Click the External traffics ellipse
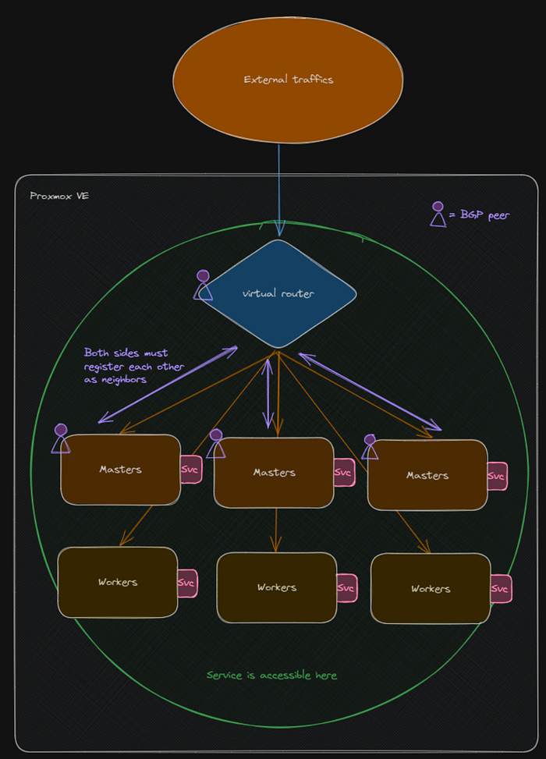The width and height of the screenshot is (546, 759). click(x=288, y=80)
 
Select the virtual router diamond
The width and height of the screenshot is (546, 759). click(x=278, y=293)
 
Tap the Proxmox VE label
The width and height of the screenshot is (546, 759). click(x=59, y=196)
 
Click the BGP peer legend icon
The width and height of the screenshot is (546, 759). click(x=438, y=214)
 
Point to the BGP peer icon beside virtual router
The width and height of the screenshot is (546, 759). click(x=203, y=285)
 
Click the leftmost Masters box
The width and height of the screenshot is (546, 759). click(x=121, y=470)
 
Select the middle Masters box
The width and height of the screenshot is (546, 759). click(x=274, y=473)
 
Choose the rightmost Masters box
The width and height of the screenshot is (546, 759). click(x=427, y=475)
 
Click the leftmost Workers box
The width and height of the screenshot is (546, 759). click(x=118, y=583)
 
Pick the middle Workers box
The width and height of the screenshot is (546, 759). click(x=277, y=587)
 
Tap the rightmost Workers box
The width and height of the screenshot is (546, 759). click(x=431, y=589)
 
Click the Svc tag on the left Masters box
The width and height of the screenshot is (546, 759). click(x=190, y=470)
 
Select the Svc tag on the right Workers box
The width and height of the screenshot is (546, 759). click(x=501, y=589)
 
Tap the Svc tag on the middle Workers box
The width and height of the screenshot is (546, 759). click(x=346, y=587)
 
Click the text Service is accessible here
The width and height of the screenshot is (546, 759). click(x=271, y=676)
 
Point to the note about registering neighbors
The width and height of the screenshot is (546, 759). click(x=133, y=366)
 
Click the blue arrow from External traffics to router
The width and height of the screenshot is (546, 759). click(x=278, y=190)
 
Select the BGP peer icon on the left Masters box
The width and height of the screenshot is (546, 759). click(x=61, y=438)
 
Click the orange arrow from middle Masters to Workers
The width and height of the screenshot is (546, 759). click(x=276, y=530)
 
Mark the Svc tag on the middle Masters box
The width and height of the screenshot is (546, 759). click(x=344, y=473)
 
